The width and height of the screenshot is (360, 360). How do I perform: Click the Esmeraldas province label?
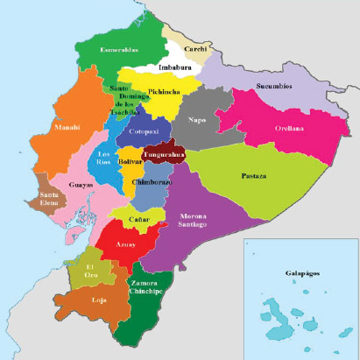point(120,50)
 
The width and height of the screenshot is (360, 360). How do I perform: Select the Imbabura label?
point(175,67)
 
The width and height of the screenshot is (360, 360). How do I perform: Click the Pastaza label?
point(254,176)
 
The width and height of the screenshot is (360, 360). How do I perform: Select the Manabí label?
point(67,127)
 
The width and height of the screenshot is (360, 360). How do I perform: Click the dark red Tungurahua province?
point(163,153)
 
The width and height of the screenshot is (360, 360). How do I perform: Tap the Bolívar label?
point(131,162)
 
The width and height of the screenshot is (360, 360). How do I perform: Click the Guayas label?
point(80,186)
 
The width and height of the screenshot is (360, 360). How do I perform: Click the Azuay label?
point(125,244)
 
